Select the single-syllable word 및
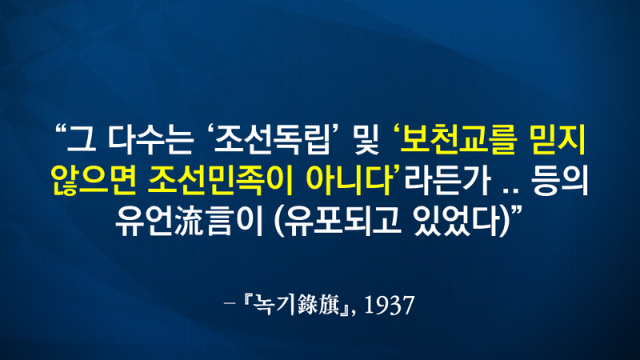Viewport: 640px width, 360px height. pyautogui.click(x=367, y=140)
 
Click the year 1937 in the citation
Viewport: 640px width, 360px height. pyautogui.click(x=390, y=305)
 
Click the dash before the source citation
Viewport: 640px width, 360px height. pyautogui.click(x=230, y=304)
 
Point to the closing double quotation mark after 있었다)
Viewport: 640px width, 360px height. pyautogui.click(x=517, y=212)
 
